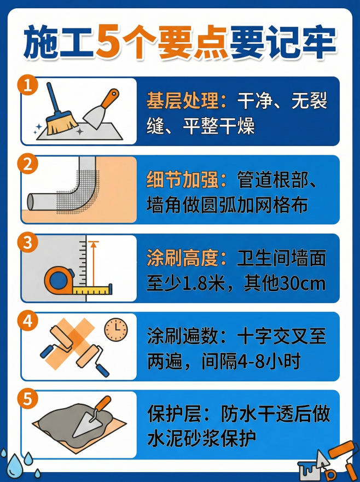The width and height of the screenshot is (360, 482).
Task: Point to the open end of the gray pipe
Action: (x=32, y=201)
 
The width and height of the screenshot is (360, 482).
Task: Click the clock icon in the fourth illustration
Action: (x=115, y=329)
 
